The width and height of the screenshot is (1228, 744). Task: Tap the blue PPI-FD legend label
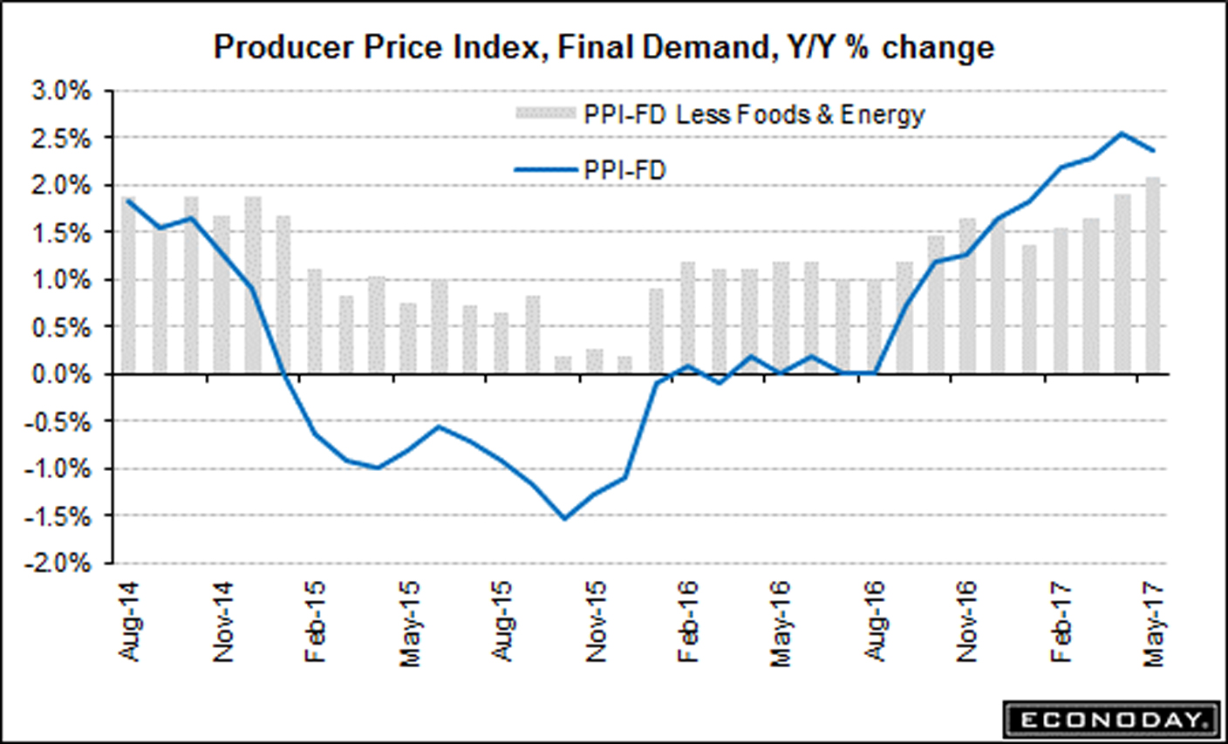pos(624,169)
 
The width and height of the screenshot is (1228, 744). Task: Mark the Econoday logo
pos(1110,720)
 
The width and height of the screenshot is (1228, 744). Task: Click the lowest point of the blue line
pos(564,519)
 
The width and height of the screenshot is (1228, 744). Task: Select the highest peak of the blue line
pos(1122,133)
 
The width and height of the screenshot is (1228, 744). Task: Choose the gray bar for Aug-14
pos(129,288)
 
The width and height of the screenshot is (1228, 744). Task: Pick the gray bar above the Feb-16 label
pos(687,317)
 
